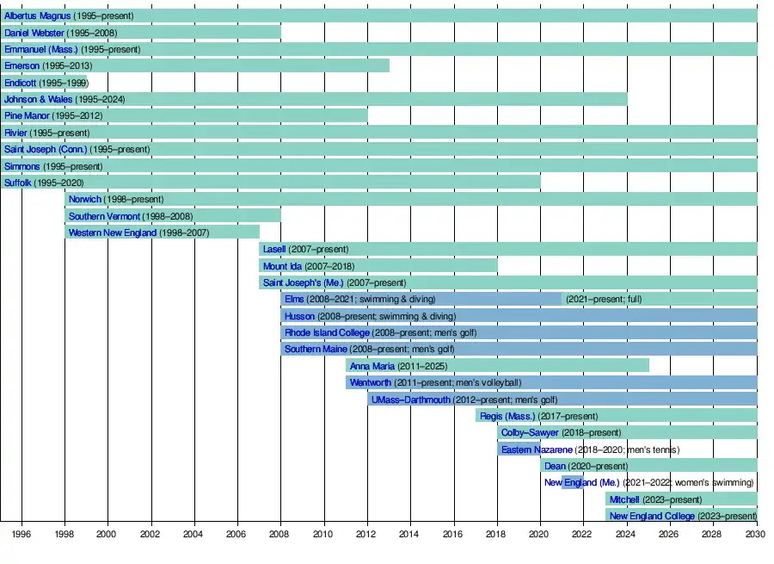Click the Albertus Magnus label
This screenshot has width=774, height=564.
pyautogui.click(x=37, y=16)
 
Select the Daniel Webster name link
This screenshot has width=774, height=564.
pyautogui.click(x=34, y=33)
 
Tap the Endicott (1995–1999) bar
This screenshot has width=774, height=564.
pyautogui.click(x=44, y=83)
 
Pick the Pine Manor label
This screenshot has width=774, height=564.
pyautogui.click(x=27, y=116)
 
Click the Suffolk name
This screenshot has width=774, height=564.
pyautogui.click(x=18, y=183)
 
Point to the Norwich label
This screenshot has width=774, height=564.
pyautogui.click(x=84, y=200)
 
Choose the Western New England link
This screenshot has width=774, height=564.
pyautogui.click(x=113, y=232)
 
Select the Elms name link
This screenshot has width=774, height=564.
pyautogui.click(x=293, y=300)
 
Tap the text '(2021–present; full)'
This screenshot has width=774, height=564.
pyautogui.click(x=604, y=300)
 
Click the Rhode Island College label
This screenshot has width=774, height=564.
pyautogui.click(x=327, y=332)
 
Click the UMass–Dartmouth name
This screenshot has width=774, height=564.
pyautogui.click(x=410, y=400)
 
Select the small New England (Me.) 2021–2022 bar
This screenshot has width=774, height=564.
pyautogui.click(x=572, y=482)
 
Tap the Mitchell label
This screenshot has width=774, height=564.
pyautogui.click(x=624, y=499)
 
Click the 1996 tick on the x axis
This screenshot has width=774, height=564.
pyautogui.click(x=21, y=534)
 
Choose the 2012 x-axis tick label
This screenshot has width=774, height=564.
pyautogui.click(x=368, y=534)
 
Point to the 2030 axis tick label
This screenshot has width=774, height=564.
pyautogui.click(x=757, y=534)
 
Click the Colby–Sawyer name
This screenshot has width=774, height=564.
pyautogui.click(x=530, y=432)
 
